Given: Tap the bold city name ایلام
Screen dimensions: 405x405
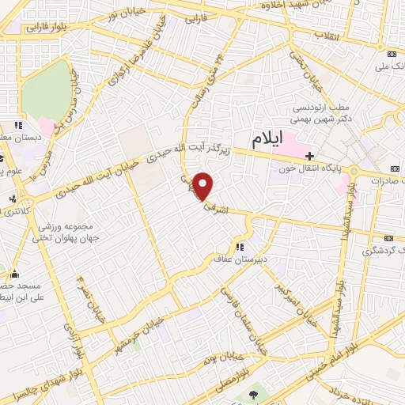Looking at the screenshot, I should (x=267, y=140).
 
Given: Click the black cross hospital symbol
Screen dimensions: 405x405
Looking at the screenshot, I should (x=310, y=155).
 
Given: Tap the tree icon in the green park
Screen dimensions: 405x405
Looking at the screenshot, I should (x=252, y=394).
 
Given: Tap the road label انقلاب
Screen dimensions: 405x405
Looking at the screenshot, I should (x=326, y=36).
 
